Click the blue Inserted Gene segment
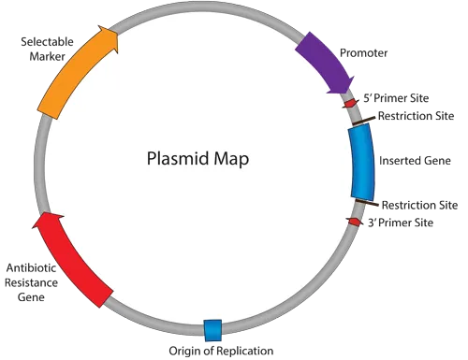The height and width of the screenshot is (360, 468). click(361, 162)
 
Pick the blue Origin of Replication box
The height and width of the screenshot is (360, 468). click(213, 328)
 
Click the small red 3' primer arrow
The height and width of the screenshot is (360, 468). click(354, 222)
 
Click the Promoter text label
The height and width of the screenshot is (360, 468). click(363, 53)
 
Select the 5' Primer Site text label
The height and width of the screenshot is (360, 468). click(397, 97)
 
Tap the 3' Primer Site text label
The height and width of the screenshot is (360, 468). click(401, 223)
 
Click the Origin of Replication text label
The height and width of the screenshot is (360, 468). click(221, 351)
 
